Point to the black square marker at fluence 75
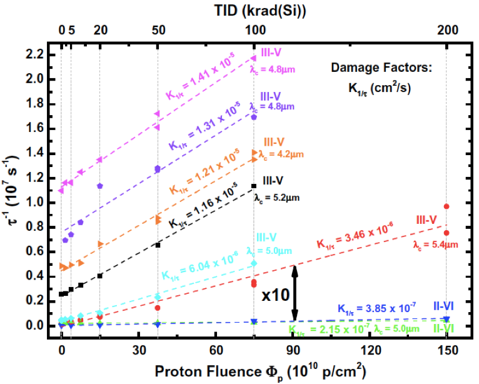click(x=254, y=186)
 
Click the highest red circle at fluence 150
click(x=446, y=206)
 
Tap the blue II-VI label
click(x=448, y=306)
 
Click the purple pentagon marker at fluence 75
click(x=254, y=117)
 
